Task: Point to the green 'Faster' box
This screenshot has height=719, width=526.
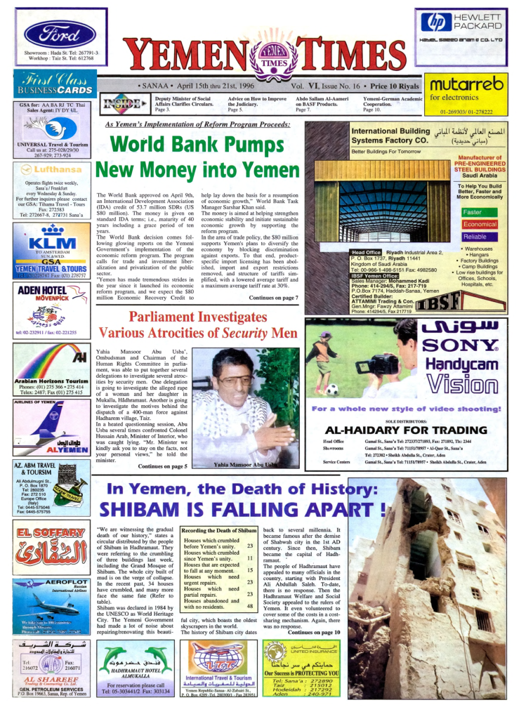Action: pos(473,212)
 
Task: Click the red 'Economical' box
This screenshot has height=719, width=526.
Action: pos(480,225)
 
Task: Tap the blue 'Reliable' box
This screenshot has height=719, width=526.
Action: pos(475,237)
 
